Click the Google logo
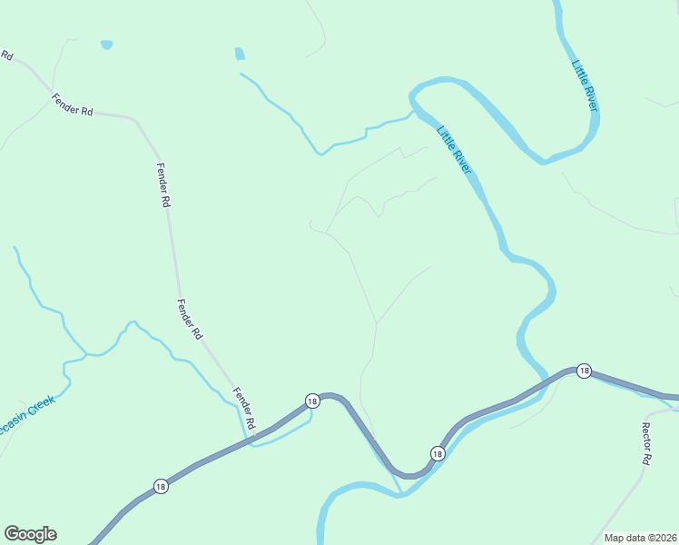point(30,534)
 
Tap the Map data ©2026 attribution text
point(640,538)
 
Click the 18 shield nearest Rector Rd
point(584,371)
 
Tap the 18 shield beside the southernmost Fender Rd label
point(311,401)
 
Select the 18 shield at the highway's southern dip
point(437,453)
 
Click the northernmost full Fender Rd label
point(73,104)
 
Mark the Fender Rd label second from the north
point(163,185)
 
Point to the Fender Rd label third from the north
point(190,319)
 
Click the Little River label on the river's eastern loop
point(586,86)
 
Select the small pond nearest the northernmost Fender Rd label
point(106,44)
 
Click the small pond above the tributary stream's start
point(240,54)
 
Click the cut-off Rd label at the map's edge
point(6,55)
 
